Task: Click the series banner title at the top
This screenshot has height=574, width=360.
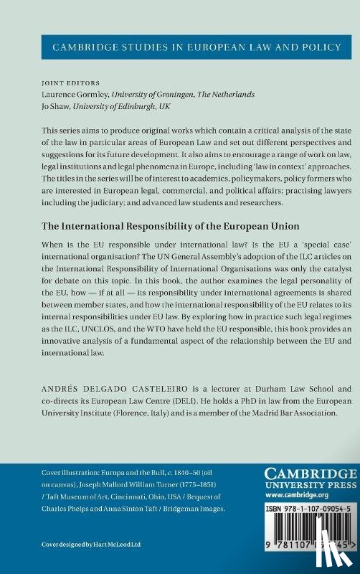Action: [x=180, y=48]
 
